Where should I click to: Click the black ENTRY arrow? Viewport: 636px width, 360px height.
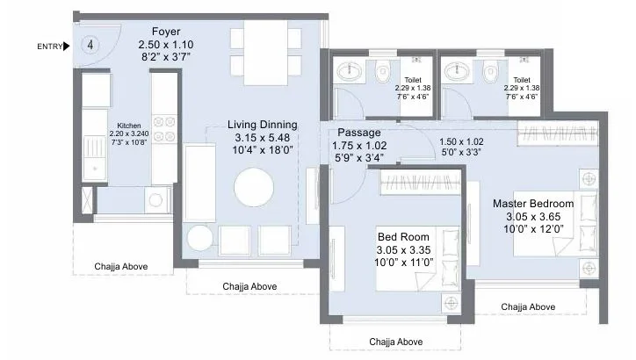point(67,47)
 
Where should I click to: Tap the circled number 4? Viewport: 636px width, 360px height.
point(90,45)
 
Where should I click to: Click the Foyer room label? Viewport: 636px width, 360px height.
point(166,32)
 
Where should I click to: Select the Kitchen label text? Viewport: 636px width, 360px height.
point(129,126)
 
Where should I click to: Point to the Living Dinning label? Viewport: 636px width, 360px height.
point(263,125)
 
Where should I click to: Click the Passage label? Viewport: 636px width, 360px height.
point(359,133)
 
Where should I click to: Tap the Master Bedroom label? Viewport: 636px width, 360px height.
point(533,204)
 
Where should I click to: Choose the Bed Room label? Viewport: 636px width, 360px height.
point(403,237)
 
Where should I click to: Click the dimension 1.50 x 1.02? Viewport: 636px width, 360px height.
point(461,142)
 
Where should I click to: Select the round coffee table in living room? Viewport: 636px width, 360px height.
point(254,187)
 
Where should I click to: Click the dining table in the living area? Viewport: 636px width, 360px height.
point(265,53)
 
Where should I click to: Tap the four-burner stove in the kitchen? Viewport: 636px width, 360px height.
point(164,129)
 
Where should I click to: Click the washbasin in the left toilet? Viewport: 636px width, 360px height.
point(350,72)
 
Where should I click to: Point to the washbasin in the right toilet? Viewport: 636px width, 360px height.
point(457,72)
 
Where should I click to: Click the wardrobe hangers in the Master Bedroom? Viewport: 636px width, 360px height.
point(558,133)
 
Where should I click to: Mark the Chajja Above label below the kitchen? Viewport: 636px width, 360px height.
point(121,267)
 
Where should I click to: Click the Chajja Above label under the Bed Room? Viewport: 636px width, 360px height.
point(396,342)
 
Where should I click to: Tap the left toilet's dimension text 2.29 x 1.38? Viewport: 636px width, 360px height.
point(413,88)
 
